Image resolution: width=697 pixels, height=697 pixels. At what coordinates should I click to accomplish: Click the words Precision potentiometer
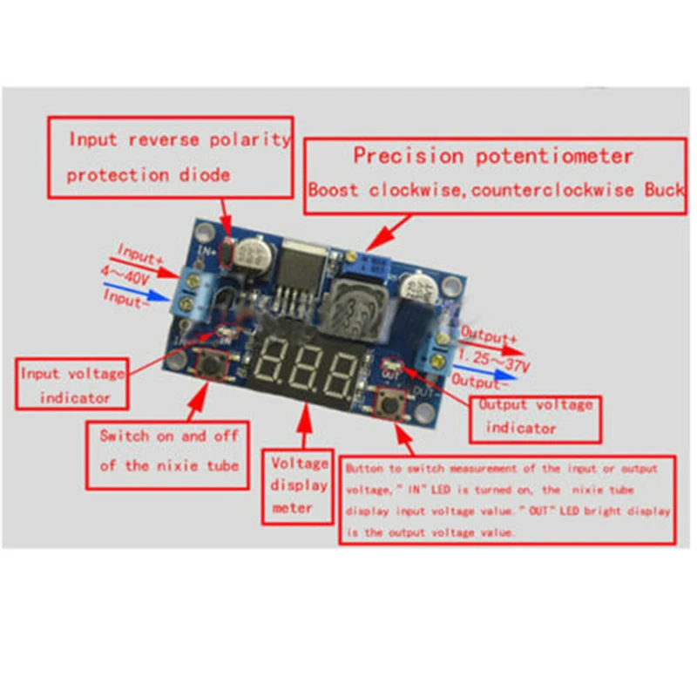click(492, 157)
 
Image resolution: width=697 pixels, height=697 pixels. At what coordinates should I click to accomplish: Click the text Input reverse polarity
click(179, 139)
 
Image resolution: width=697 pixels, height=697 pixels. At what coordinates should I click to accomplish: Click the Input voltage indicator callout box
click(73, 385)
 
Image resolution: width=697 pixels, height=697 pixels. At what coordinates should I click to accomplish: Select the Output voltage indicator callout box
click(534, 416)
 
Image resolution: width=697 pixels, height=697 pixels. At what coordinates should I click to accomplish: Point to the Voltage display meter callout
click(299, 486)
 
